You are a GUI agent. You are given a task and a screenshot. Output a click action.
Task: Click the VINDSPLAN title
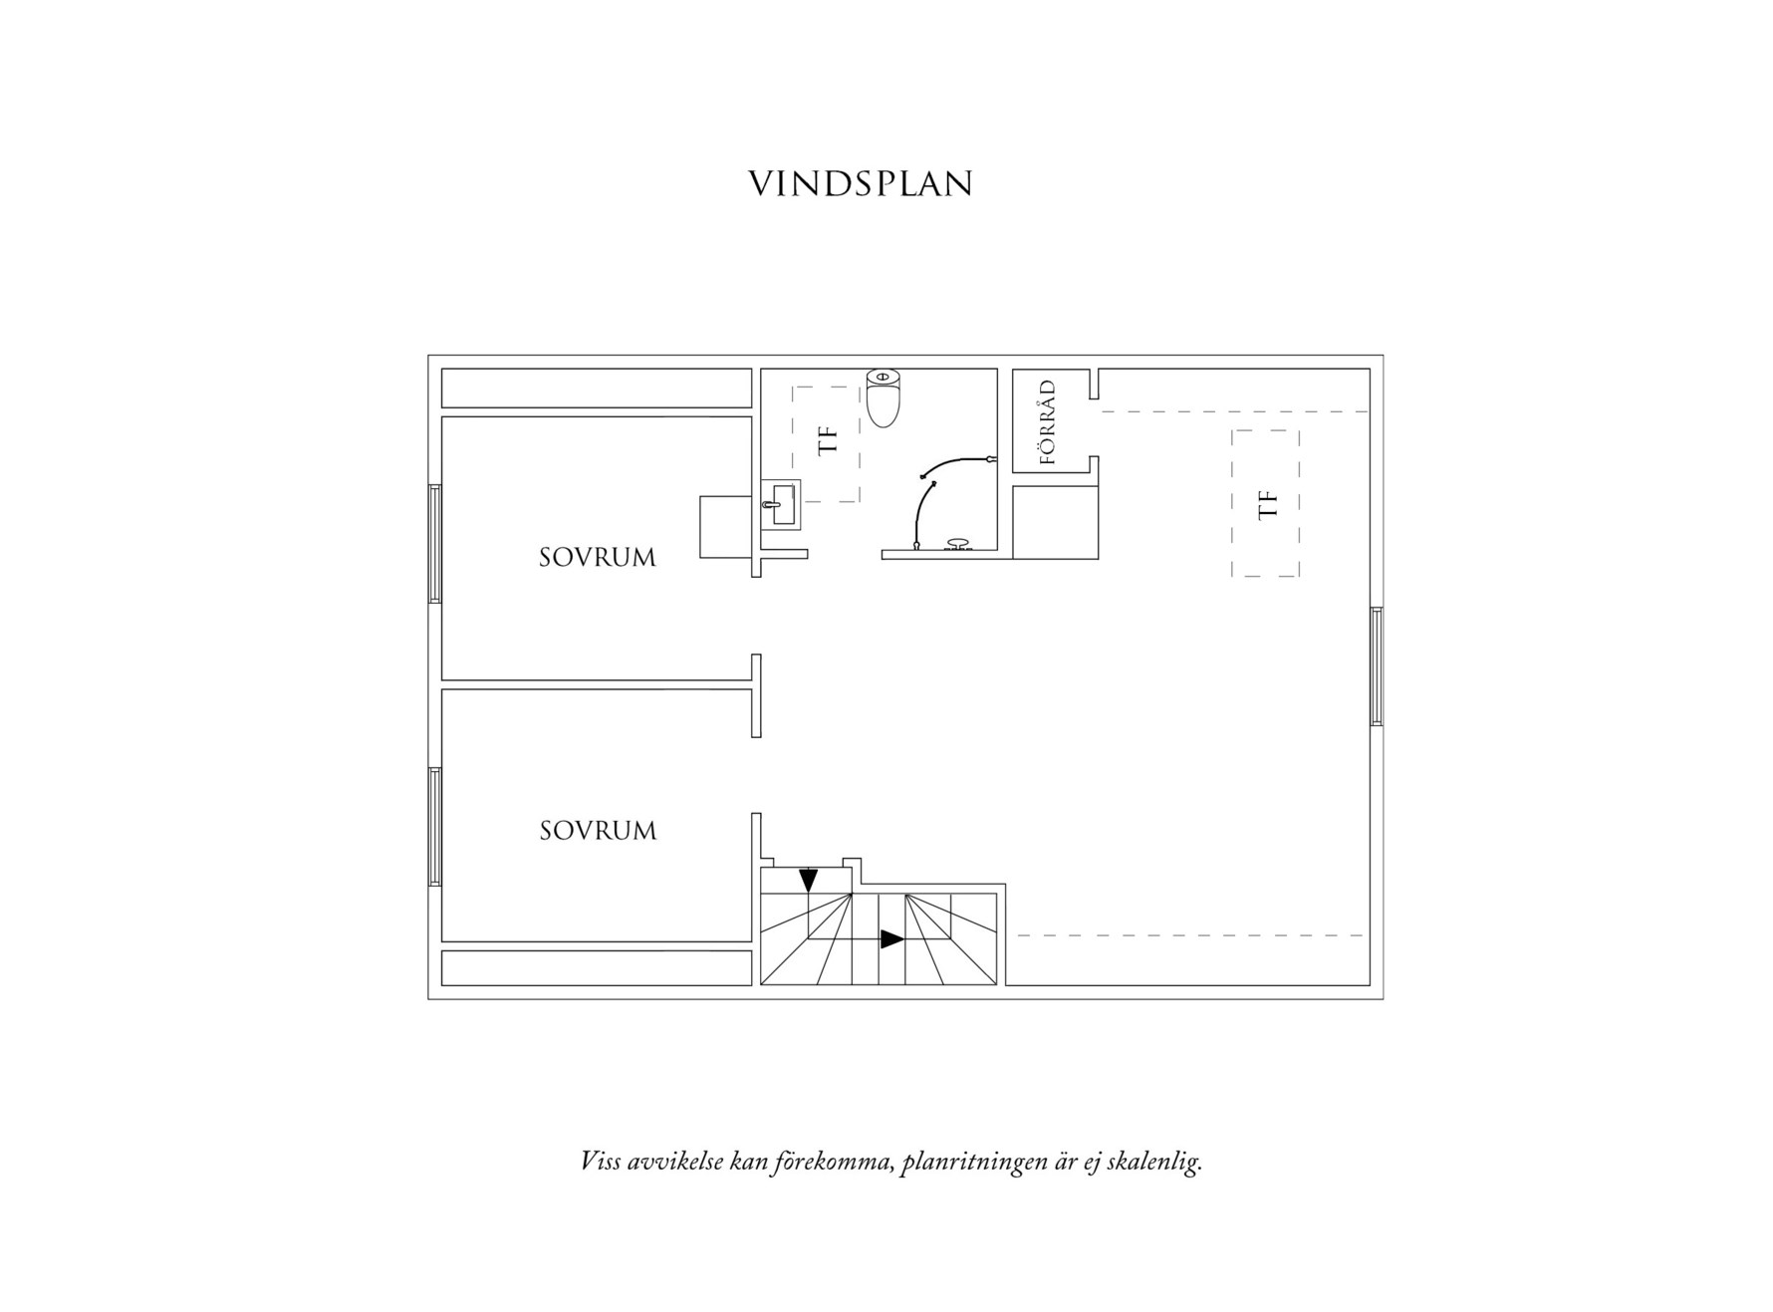(x=860, y=184)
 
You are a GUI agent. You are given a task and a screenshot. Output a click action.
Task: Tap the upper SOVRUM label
(x=598, y=558)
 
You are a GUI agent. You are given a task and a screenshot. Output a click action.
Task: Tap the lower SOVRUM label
(x=598, y=831)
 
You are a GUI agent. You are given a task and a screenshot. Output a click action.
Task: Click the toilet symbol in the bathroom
(x=884, y=398)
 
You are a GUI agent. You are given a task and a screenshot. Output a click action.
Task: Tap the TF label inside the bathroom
(x=828, y=439)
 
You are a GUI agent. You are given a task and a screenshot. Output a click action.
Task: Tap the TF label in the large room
(x=1267, y=504)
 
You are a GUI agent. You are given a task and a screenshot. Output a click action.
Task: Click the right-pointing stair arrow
(x=891, y=938)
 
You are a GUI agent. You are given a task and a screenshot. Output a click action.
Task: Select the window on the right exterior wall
(x=1377, y=665)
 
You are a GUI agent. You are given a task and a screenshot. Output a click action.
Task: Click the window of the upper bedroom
(x=435, y=543)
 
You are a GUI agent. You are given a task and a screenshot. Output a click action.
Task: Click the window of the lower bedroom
(x=435, y=826)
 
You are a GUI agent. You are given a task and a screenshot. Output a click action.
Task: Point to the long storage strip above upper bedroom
(x=596, y=389)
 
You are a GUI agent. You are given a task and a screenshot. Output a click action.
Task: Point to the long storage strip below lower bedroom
(x=596, y=968)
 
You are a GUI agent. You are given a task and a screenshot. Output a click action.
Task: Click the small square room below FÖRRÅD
(x=1055, y=522)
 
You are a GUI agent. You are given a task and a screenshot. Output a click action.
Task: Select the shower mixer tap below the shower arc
(x=958, y=544)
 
